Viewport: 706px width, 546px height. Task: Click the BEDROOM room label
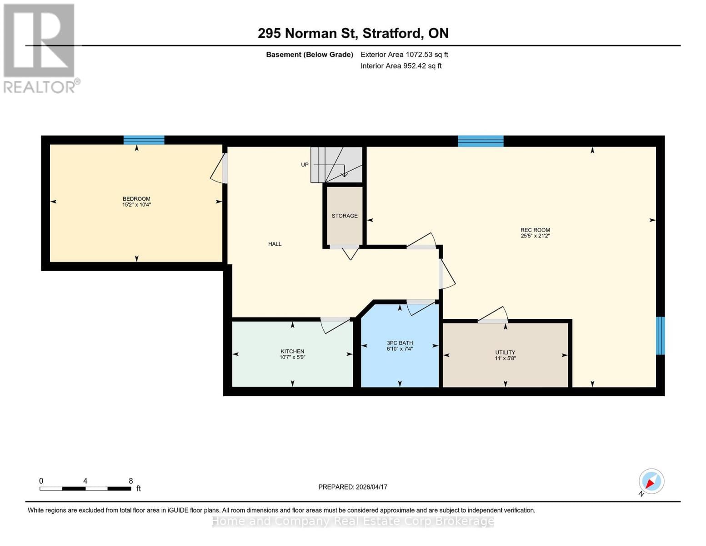pyautogui.click(x=136, y=199)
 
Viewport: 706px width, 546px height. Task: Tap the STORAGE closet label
pyautogui.click(x=344, y=216)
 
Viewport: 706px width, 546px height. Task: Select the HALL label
pyautogui.click(x=275, y=244)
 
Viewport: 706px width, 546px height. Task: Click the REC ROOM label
pyautogui.click(x=535, y=230)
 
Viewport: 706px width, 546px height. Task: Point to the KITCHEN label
pyautogui.click(x=292, y=351)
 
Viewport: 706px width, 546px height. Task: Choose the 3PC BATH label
pyautogui.click(x=400, y=343)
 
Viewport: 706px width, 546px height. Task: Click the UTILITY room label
pyautogui.click(x=505, y=352)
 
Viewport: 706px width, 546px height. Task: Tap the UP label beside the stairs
pyautogui.click(x=305, y=165)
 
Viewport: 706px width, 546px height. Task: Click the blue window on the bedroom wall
pyautogui.click(x=144, y=140)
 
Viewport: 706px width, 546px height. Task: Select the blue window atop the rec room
pyautogui.click(x=481, y=141)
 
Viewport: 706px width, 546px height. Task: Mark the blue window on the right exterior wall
pyautogui.click(x=660, y=335)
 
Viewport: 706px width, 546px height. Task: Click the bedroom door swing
pyautogui.click(x=219, y=169)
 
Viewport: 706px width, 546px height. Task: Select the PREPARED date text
pyautogui.click(x=353, y=487)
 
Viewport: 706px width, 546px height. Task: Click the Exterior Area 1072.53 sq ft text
pyautogui.click(x=404, y=55)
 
